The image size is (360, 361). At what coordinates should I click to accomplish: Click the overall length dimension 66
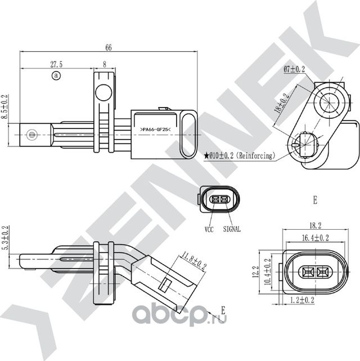[108, 48]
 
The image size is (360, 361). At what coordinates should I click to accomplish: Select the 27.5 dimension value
[56, 65]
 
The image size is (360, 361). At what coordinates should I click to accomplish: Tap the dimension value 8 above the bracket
[105, 65]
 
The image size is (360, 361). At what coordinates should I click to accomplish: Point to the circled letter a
[55, 75]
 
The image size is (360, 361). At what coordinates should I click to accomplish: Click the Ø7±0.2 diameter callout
[294, 69]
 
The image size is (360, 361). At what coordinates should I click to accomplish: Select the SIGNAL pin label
[232, 229]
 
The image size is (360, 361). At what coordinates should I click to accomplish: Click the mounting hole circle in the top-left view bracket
[102, 92]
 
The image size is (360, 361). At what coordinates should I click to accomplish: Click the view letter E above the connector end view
[315, 200]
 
